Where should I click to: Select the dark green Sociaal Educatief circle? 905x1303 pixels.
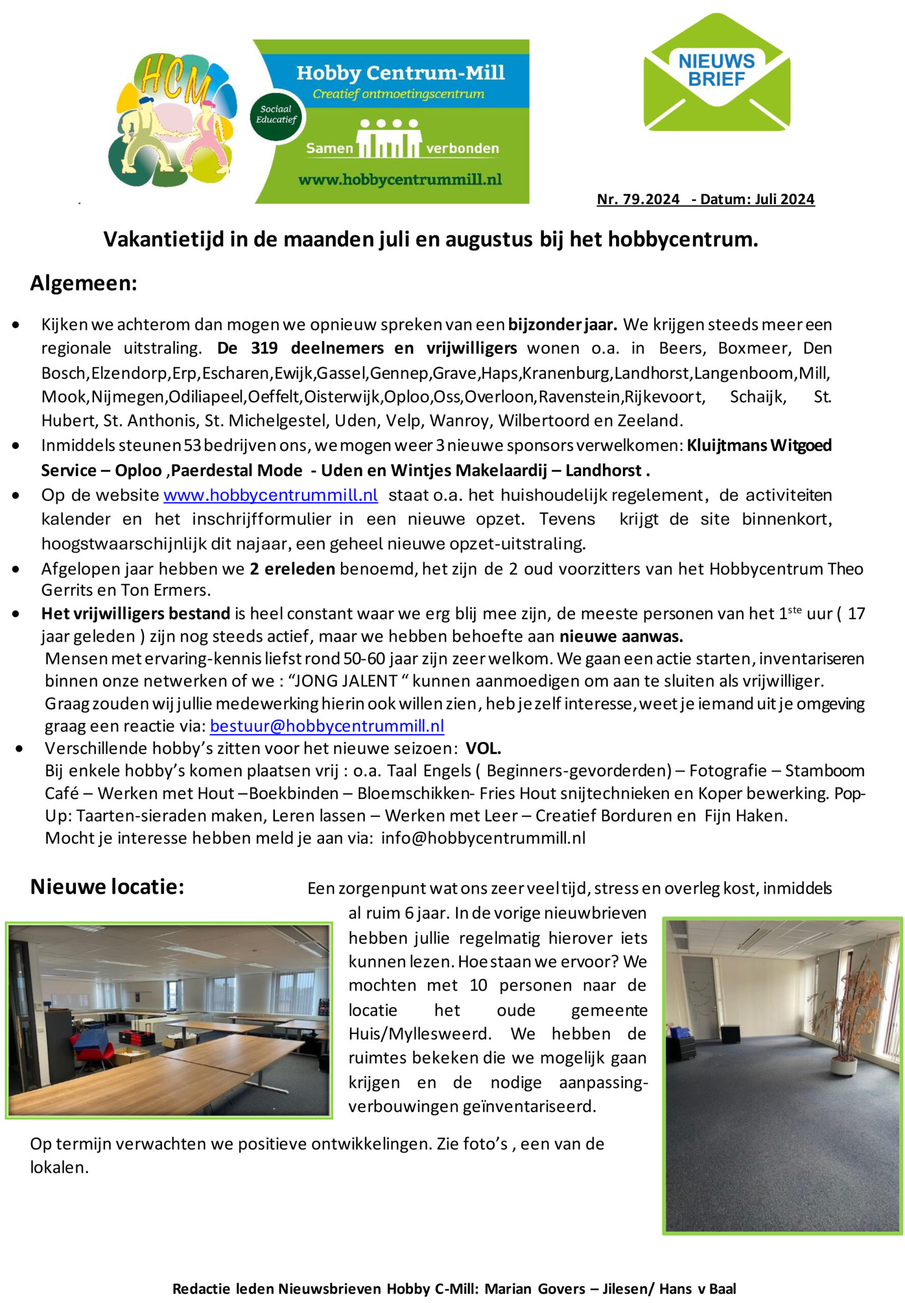pos(276,115)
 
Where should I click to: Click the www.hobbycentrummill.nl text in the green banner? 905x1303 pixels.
pos(400,180)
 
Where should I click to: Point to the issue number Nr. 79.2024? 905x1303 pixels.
pos(638,200)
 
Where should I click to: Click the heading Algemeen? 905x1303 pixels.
pos(84,283)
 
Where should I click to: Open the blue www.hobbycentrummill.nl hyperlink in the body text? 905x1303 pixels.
pos(270,495)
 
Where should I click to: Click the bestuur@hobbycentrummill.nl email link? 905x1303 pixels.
pos(326,726)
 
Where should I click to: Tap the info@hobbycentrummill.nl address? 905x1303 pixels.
pos(483,838)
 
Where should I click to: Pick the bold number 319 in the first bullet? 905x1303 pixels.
pos(264,348)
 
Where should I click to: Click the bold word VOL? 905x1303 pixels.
pos(483,749)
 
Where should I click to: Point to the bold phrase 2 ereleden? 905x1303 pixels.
pos(293,569)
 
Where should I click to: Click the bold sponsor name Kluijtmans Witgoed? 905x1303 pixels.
pos(759,445)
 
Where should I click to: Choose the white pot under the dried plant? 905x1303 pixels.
pos(843,1064)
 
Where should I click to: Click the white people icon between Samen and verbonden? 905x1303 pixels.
pos(389,139)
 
